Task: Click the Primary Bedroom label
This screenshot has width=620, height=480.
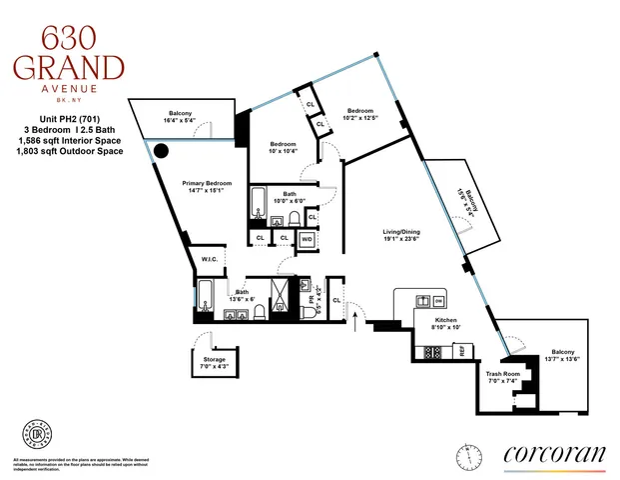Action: tap(207, 183)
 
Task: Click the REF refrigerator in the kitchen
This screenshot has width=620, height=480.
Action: tap(462, 350)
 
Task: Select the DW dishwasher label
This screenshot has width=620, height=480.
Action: tap(439, 301)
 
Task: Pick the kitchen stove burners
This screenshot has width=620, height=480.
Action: tap(434, 351)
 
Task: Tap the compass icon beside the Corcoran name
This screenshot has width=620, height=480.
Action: tap(465, 455)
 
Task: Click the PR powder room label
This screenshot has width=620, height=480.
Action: tap(311, 298)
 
